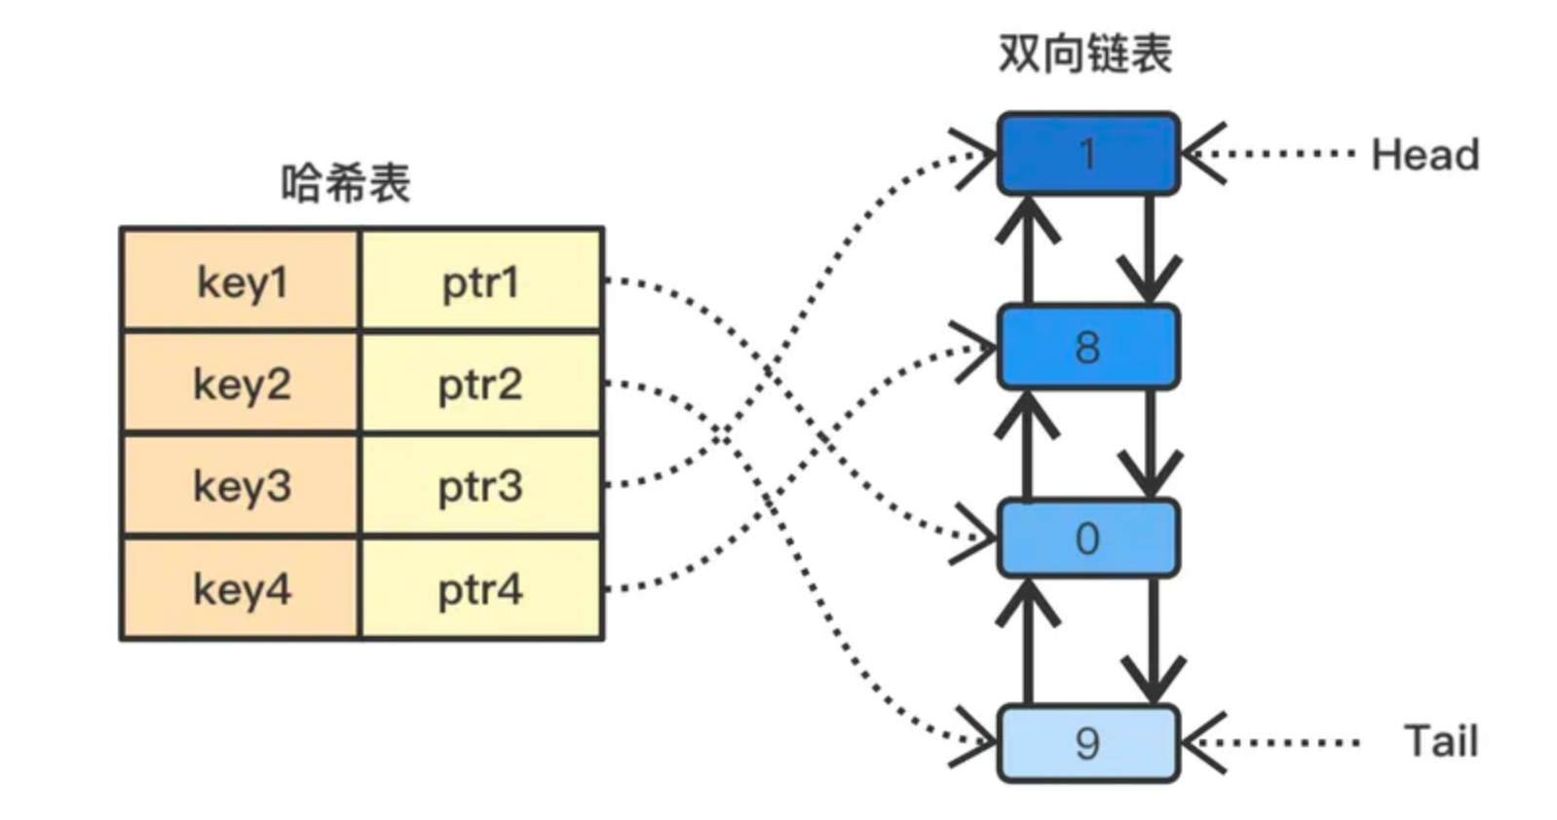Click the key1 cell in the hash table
click(240, 282)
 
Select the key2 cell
click(240, 385)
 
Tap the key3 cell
click(240, 486)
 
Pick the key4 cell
click(240, 588)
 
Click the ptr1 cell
click(480, 282)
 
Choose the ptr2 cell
click(480, 385)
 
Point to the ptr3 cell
click(480, 486)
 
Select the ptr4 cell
click(480, 588)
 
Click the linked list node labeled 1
click(1087, 154)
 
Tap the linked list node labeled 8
click(1087, 347)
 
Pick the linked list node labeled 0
click(1087, 539)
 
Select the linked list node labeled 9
click(1087, 743)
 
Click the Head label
click(1424, 155)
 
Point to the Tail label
click(1440, 742)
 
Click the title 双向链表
click(1084, 54)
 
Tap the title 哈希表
click(346, 183)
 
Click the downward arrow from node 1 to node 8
click(1150, 248)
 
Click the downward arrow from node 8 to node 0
click(1151, 443)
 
